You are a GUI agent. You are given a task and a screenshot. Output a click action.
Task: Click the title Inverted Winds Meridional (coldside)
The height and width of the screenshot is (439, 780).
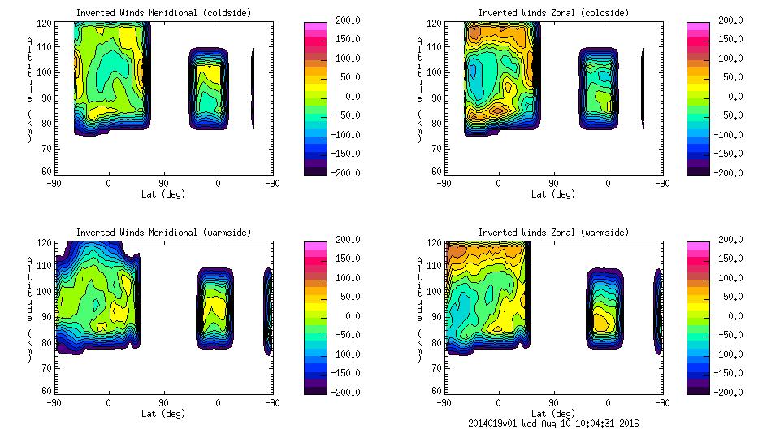coord(163,13)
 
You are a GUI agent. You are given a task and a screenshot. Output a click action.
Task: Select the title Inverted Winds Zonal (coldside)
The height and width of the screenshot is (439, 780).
coord(553,13)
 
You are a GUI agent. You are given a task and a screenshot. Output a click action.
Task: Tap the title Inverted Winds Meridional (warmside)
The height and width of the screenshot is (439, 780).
coord(163,233)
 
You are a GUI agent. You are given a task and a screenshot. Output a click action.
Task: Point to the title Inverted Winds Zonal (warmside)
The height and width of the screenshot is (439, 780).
coord(553,233)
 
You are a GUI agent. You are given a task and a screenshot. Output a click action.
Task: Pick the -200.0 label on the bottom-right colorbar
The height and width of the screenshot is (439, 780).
coord(727,392)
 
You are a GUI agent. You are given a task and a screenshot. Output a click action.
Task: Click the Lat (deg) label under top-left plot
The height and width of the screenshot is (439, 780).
coord(163,194)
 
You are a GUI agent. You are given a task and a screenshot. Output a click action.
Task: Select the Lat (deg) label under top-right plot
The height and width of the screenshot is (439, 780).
coord(553,194)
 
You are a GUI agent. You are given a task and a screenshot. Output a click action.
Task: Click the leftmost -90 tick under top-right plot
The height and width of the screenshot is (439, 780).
coord(443,184)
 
